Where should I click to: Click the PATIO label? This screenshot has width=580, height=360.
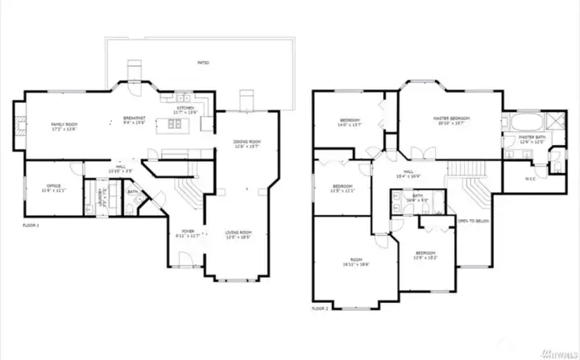click(203, 62)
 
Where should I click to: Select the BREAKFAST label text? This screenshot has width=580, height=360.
click(133, 119)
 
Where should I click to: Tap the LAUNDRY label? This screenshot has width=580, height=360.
click(101, 195)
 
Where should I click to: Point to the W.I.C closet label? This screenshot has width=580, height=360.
click(531, 178)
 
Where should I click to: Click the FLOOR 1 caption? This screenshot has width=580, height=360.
click(31, 226)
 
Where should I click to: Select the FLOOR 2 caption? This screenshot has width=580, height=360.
click(320, 308)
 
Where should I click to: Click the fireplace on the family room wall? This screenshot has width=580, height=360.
click(17, 124)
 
